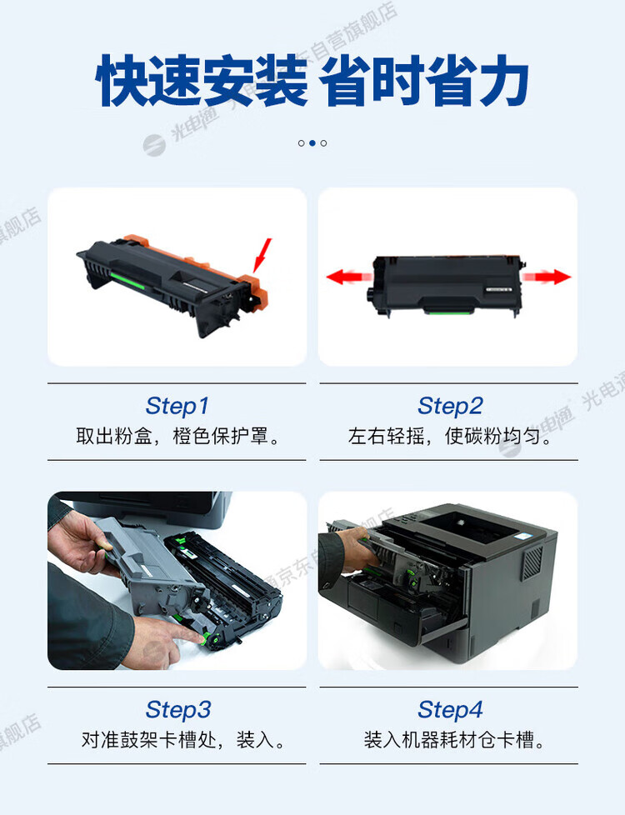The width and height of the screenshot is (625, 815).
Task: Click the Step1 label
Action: [177, 406]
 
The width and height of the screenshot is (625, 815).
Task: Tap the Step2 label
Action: [450, 406]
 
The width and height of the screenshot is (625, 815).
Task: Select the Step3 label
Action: [178, 709]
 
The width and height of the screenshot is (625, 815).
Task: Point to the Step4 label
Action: [450, 709]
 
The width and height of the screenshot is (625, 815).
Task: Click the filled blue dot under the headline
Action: [312, 143]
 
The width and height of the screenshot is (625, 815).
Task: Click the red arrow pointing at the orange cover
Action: [262, 255]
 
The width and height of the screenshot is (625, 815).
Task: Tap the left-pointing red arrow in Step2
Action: [349, 277]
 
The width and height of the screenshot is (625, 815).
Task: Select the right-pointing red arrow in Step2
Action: [547, 277]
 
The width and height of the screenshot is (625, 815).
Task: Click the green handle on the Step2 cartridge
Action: [449, 311]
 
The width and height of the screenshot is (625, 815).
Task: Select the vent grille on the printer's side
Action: [532, 562]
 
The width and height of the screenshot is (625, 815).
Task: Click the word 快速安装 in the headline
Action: [202, 81]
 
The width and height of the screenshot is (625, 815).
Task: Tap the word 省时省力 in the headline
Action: [424, 81]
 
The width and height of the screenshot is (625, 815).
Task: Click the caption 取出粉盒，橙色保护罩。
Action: [177, 436]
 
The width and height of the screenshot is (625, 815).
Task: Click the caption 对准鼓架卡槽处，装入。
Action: [183, 740]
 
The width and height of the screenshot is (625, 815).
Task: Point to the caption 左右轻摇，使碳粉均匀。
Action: [450, 436]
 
